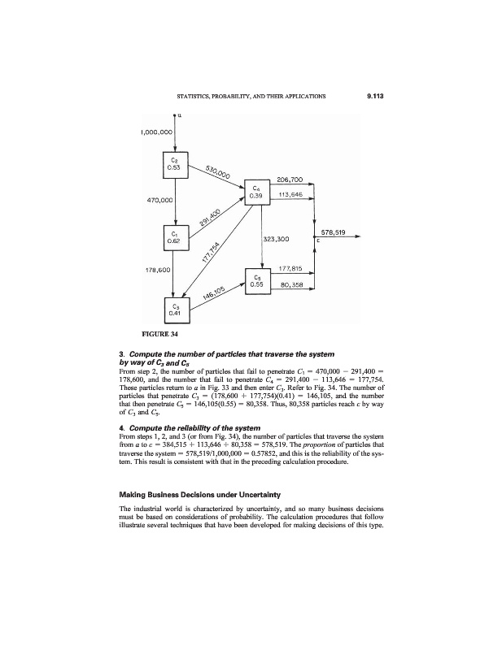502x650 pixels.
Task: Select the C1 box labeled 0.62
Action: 175,237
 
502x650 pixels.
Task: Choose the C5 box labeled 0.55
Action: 256,281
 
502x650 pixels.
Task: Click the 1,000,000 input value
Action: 155,131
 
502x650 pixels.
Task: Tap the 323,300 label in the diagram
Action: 278,240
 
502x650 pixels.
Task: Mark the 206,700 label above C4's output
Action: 290,180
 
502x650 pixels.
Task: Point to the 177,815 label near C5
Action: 291,268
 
